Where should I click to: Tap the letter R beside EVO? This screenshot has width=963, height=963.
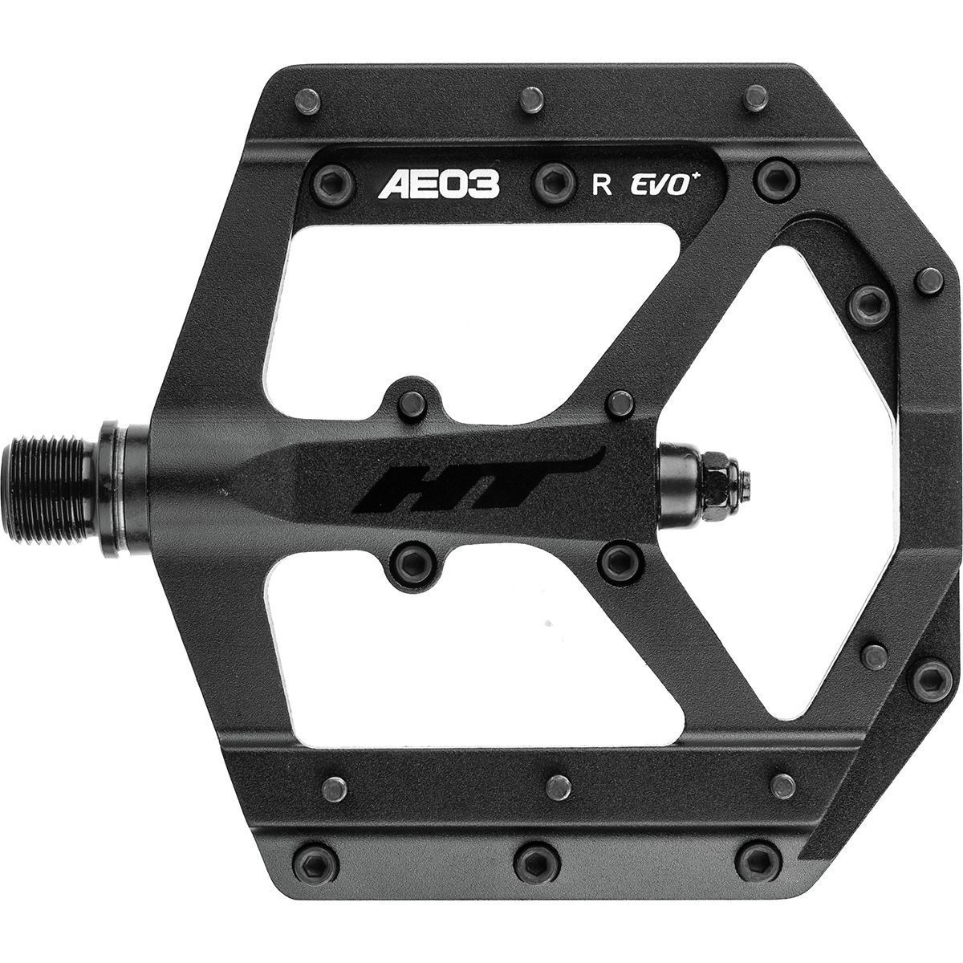[x=601, y=185]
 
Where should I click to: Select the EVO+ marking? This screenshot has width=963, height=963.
[x=668, y=184]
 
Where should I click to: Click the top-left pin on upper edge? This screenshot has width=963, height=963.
[x=308, y=101]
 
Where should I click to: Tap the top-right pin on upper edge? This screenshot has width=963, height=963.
[x=755, y=98]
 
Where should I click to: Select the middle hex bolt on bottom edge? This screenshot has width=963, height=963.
[x=530, y=861]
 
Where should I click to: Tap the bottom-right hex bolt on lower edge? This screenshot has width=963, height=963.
[x=757, y=859]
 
